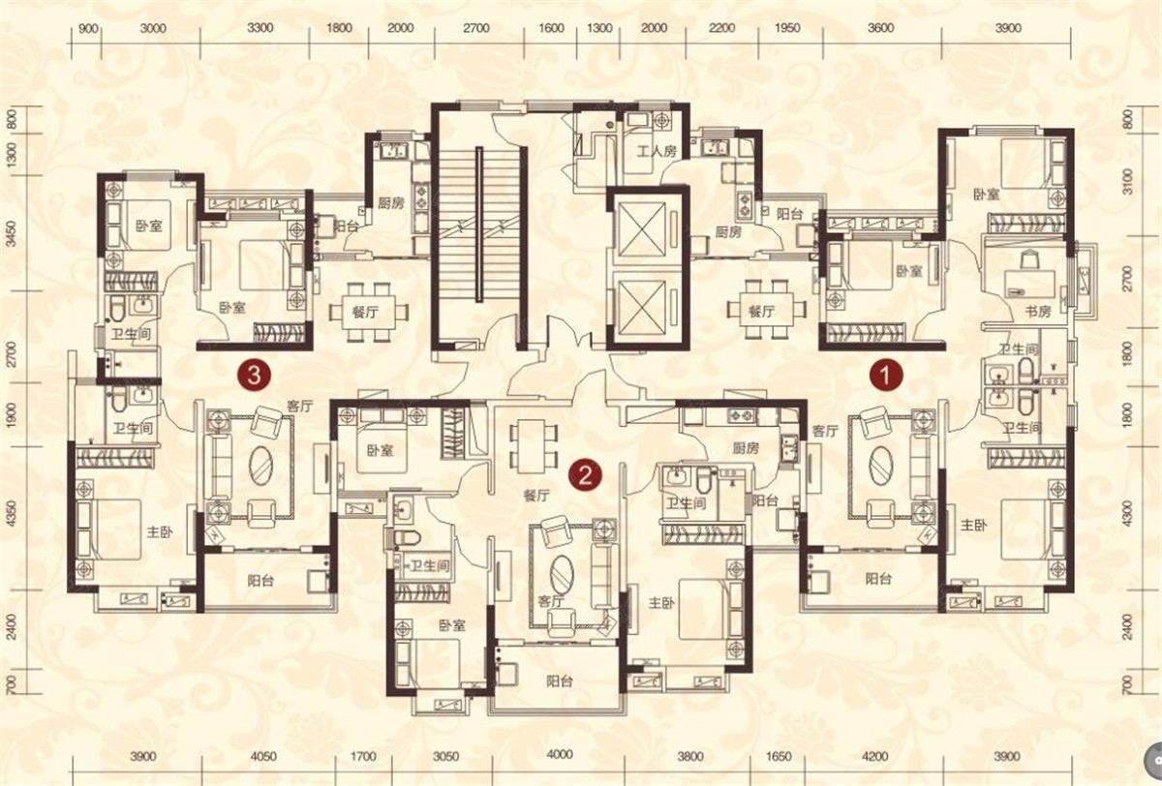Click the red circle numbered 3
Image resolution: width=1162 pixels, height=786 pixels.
254,375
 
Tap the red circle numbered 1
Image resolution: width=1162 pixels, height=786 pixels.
886,376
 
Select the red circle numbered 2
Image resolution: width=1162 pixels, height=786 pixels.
585,475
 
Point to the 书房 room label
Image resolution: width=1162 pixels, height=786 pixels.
1037,312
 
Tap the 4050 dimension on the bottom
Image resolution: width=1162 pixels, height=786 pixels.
263,757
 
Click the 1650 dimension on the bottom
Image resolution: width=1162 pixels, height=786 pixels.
779,757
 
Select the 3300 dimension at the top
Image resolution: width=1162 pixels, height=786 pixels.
260,27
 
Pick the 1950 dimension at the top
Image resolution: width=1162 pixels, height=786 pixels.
787,27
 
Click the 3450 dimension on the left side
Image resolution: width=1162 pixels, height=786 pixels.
12,234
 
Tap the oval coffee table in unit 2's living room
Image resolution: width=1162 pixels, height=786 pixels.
562,573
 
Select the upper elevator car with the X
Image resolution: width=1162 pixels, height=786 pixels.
643,229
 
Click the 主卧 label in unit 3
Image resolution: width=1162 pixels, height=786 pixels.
160,532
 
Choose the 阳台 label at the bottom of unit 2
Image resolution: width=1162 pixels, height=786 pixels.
560,680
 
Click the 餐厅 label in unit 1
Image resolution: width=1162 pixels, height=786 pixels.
761,311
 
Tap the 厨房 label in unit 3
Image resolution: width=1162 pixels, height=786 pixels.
390,202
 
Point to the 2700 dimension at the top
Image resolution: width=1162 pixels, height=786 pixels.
475,27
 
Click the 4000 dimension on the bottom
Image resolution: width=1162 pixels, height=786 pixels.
560,755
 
